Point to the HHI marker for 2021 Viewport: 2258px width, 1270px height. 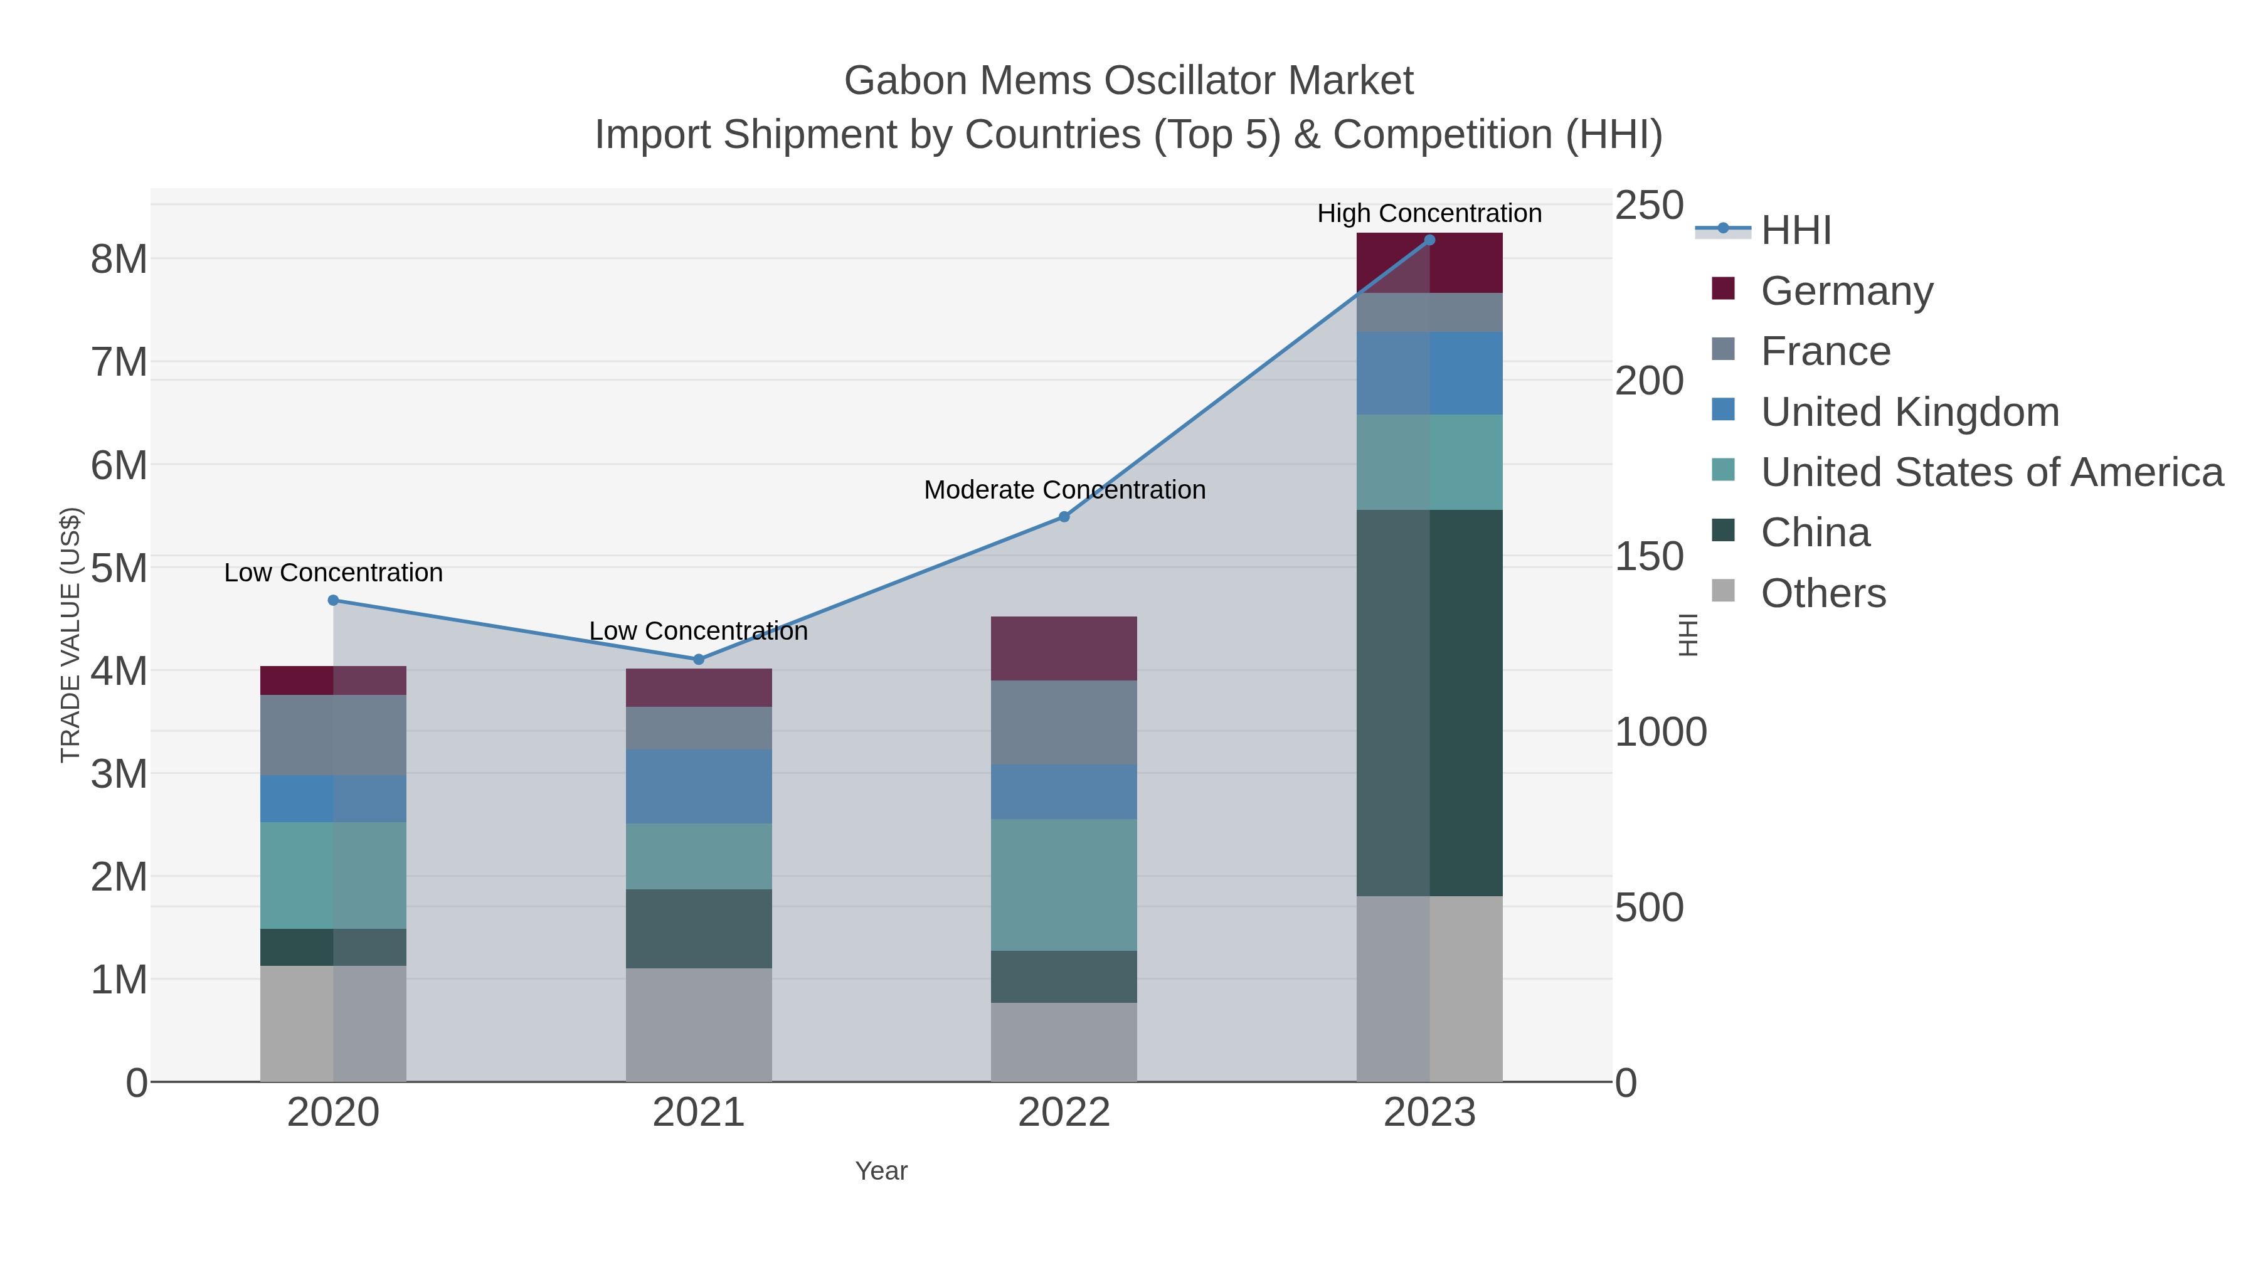tap(699, 659)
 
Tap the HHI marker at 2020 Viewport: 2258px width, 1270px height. tap(333, 600)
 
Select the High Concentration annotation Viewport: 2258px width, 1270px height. tap(1429, 213)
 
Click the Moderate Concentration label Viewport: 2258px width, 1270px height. tap(1064, 490)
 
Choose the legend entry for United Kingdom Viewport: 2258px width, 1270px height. tap(1909, 412)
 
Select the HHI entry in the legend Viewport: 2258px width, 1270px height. tap(1795, 231)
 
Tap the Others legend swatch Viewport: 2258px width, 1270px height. tap(1722, 591)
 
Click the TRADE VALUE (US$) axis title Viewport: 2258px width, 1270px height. tap(70, 635)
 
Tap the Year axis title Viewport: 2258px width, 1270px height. tap(881, 1171)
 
